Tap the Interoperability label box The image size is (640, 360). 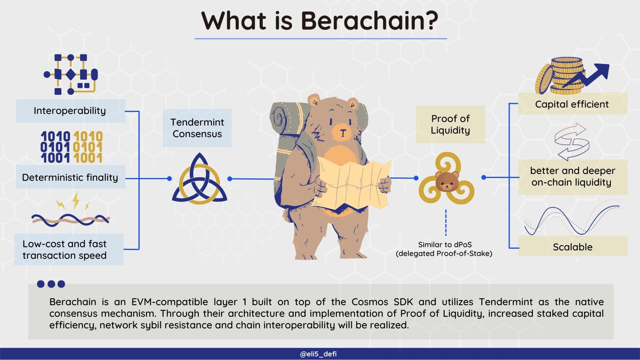pos(70,111)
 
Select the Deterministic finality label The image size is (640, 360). pos(70,178)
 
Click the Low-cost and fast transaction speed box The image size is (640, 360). pos(69,250)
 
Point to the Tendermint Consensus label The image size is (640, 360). pos(197,128)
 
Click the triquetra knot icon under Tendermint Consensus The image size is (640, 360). pos(200,178)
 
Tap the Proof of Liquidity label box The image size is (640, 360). pos(450,124)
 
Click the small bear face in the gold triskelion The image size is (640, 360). pos(447,182)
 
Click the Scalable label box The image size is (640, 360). pos(573,246)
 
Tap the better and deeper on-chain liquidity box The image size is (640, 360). pos(573,177)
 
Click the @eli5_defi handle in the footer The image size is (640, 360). pos(318,354)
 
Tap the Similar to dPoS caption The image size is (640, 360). pos(444,249)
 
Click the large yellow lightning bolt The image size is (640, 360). pos(76,200)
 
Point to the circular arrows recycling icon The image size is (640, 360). pos(572,142)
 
